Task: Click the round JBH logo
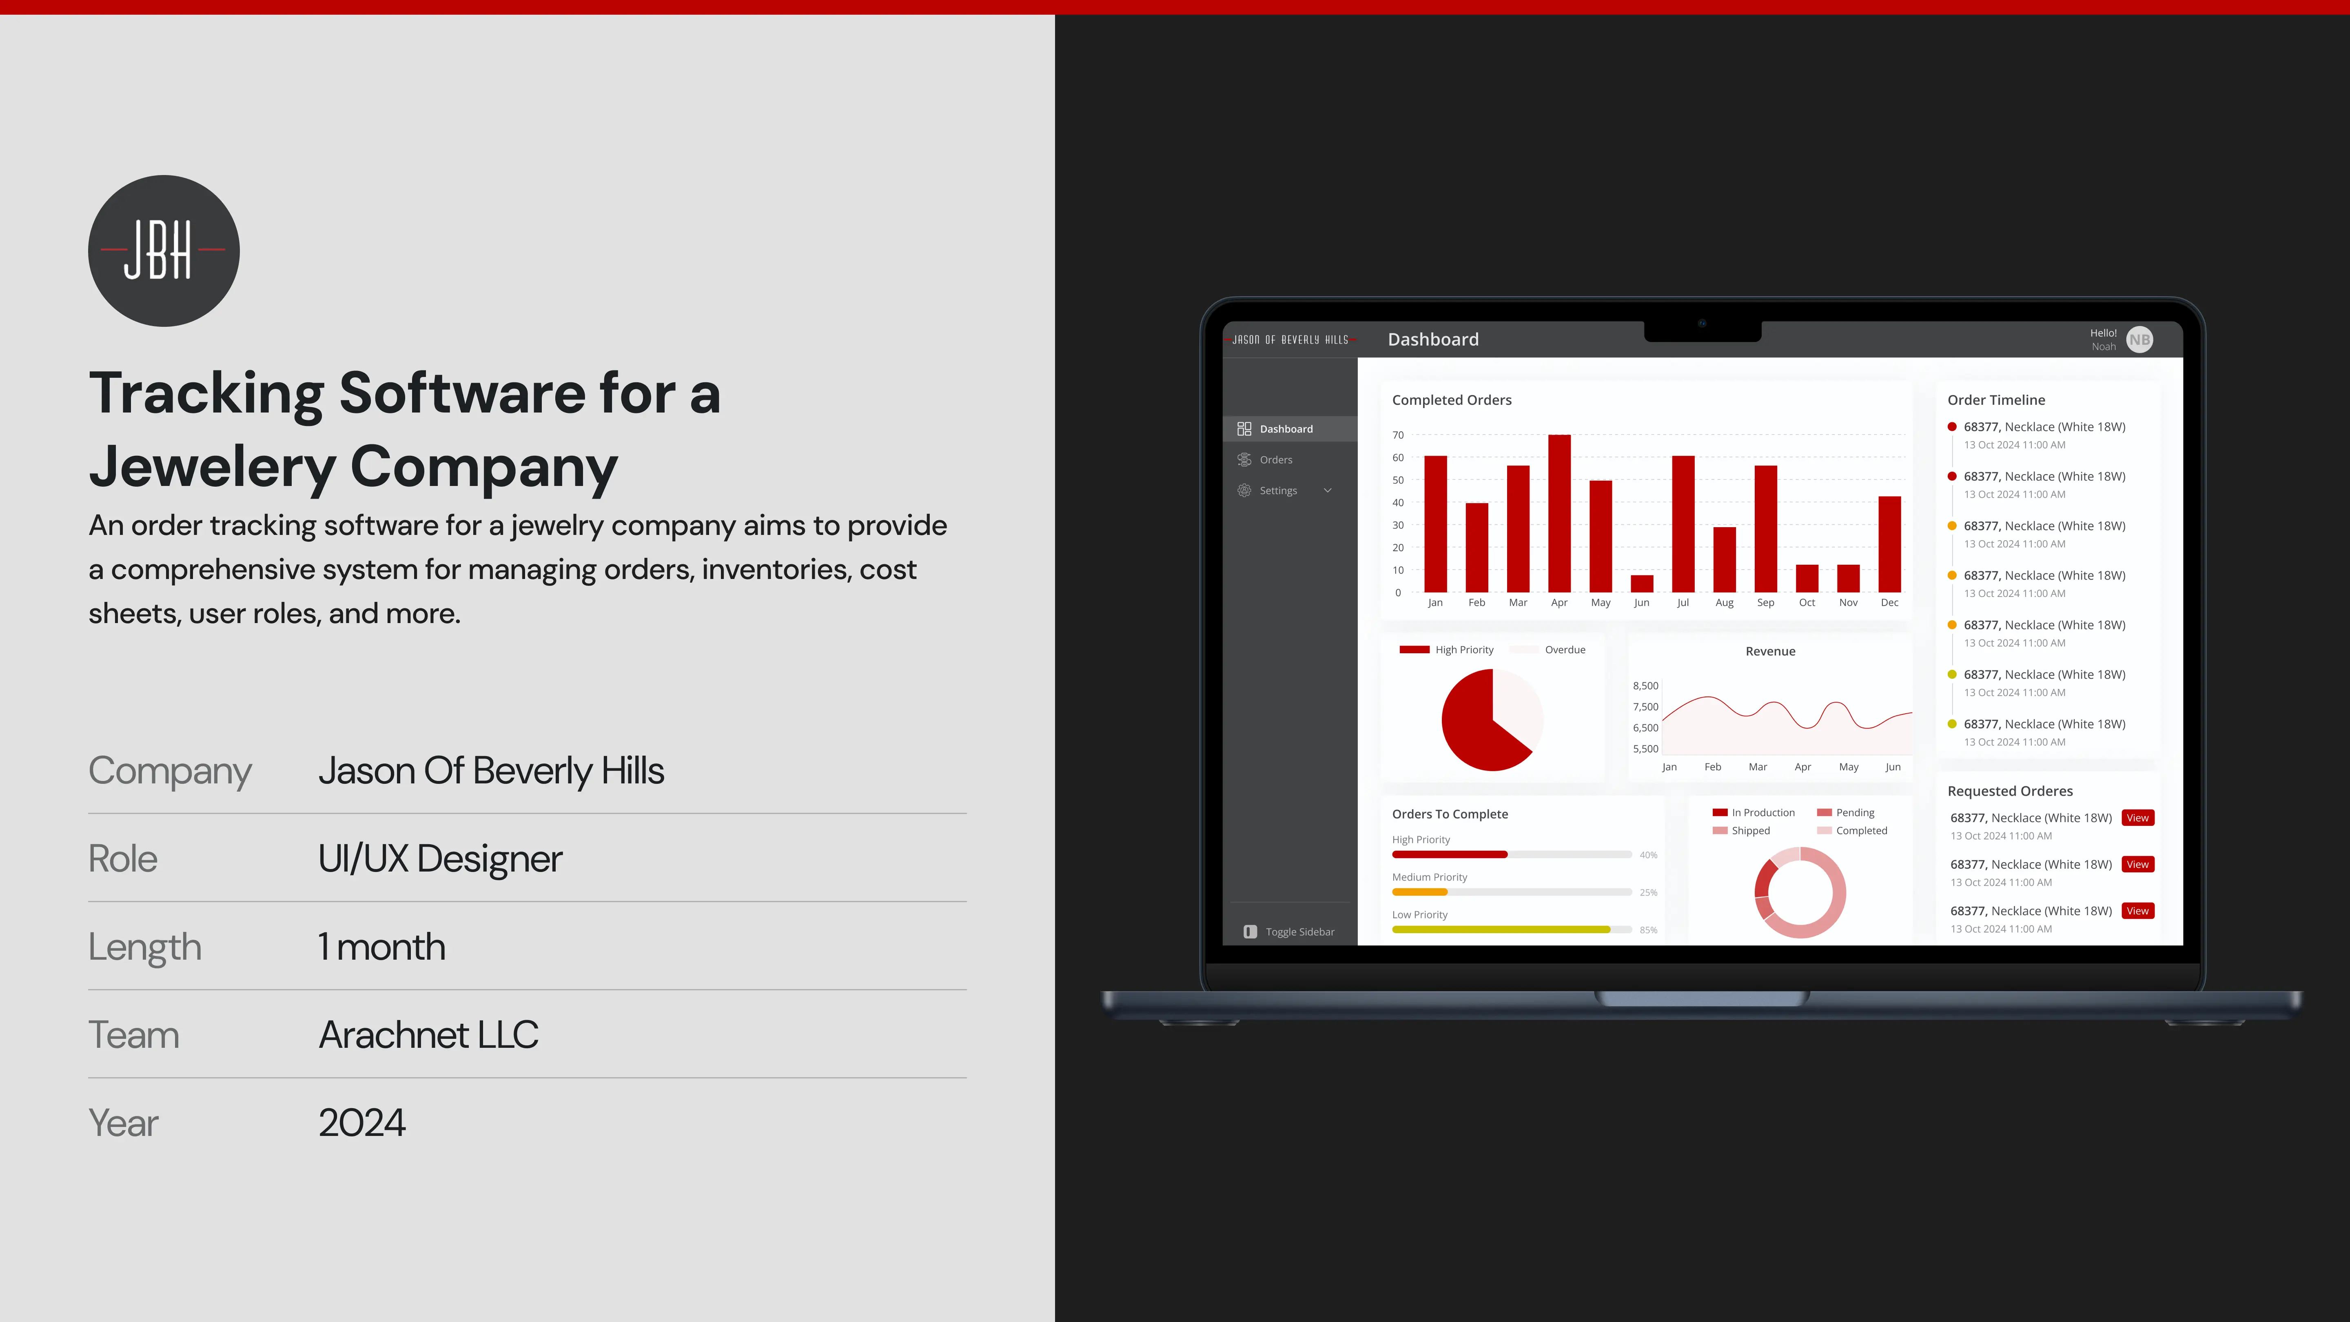[x=163, y=251]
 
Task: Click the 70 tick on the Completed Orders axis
[x=1398, y=435]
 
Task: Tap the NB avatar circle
[x=2139, y=339]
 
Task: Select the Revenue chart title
[x=1770, y=652]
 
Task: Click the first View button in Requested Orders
[x=2137, y=817]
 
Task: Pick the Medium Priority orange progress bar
[x=1419, y=892]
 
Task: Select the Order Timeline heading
[x=1996, y=399]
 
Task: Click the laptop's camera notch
[x=1702, y=330]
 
